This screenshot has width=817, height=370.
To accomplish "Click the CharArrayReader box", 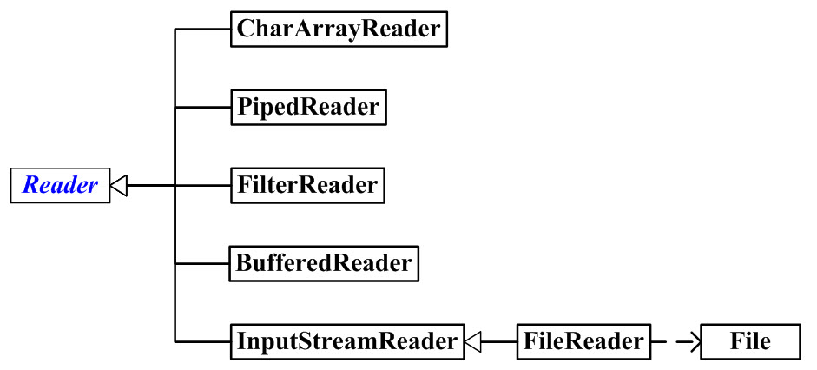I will [339, 30].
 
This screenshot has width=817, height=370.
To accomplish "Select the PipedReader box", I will [307, 107].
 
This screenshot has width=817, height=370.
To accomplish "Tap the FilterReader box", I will [307, 185].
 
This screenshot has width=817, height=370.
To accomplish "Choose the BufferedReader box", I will [323, 263].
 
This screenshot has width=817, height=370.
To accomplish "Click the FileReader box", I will [583, 341].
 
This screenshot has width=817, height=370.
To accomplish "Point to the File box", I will [750, 341].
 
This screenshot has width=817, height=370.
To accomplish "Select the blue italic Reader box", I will [60, 185].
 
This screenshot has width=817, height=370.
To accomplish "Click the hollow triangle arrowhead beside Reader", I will [120, 185].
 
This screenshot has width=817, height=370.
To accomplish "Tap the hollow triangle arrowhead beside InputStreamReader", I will [472, 341].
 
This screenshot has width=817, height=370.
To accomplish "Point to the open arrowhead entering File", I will [692, 341].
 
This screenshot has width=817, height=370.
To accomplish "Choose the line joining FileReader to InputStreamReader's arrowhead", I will [499, 341].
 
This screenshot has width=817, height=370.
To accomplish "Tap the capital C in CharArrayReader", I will [246, 30].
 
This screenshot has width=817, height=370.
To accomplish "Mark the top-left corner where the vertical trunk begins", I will [175, 30].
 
